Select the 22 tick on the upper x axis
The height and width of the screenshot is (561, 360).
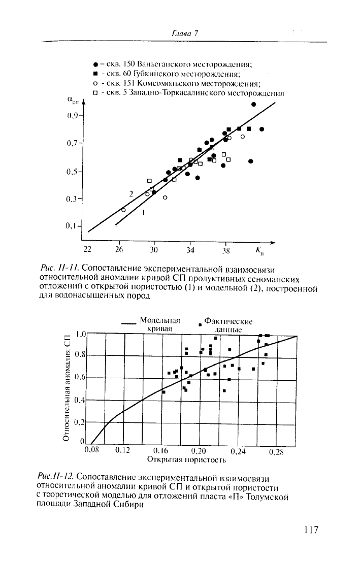(88, 250)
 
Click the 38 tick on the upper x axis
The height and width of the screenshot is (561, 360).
(226, 250)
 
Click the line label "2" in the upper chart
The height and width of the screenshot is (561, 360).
(130, 193)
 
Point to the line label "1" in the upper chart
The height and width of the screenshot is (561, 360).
(144, 214)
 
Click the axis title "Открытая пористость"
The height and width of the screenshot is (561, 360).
(186, 460)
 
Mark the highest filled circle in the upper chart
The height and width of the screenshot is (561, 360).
(253, 104)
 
